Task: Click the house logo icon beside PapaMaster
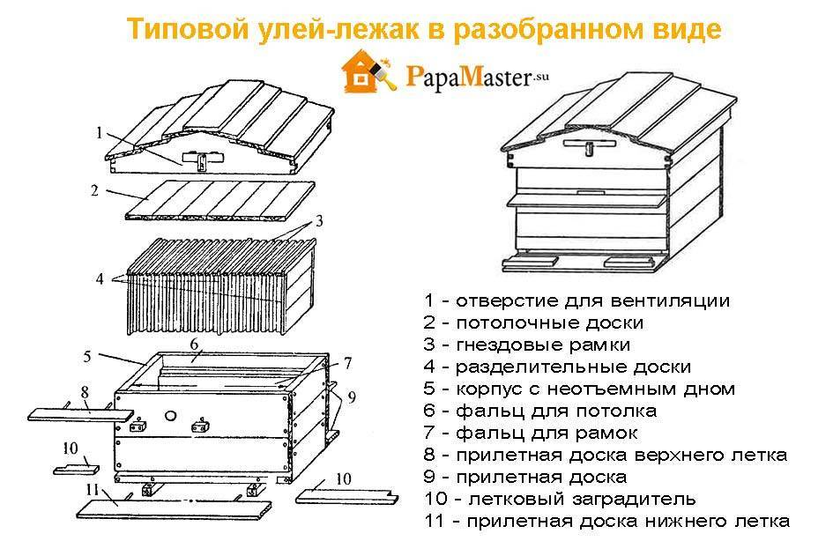[x=365, y=75]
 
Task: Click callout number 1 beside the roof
[x=100, y=133]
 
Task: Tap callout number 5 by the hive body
[x=87, y=356]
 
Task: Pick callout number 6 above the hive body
[x=195, y=342]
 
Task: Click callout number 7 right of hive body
[x=347, y=362]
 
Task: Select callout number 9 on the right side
[x=352, y=397]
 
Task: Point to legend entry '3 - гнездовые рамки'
[x=526, y=345]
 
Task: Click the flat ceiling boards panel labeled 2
[x=220, y=201]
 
